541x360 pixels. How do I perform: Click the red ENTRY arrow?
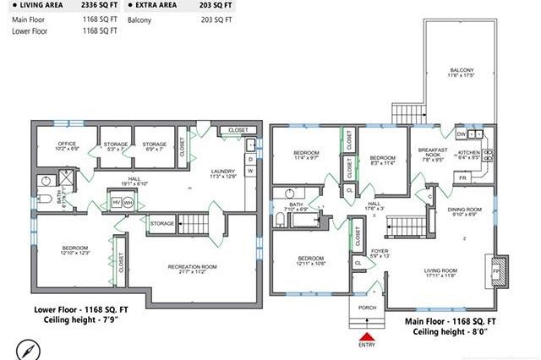click(x=366, y=335)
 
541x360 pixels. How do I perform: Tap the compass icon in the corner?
click(x=26, y=347)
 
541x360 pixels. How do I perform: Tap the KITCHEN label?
click(x=468, y=154)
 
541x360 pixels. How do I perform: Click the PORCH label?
click(x=367, y=308)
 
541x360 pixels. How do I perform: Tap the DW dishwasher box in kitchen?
click(x=461, y=134)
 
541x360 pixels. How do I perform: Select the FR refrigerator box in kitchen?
click(x=462, y=178)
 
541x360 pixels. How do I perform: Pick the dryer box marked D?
click(x=250, y=158)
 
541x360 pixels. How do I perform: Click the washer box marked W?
click(x=250, y=172)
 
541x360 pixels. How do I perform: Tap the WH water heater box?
click(x=128, y=203)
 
